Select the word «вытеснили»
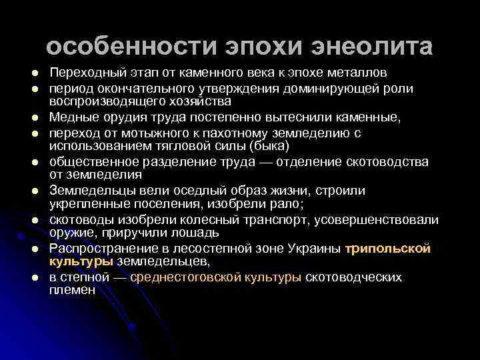coord(298,118)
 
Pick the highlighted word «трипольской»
coord(388,249)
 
